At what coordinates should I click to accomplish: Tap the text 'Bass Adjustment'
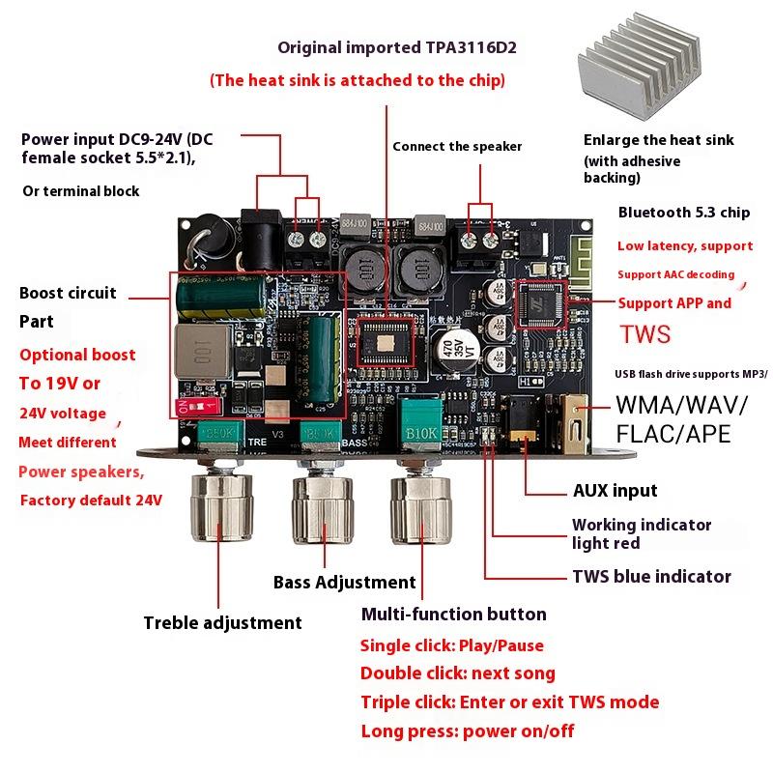point(344,582)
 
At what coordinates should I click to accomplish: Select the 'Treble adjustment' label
point(222,623)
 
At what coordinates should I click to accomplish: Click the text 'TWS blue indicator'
point(651,576)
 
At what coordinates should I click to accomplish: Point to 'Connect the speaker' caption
point(456,147)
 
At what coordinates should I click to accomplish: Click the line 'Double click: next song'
point(457,673)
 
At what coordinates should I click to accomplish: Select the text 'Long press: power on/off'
point(467,730)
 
